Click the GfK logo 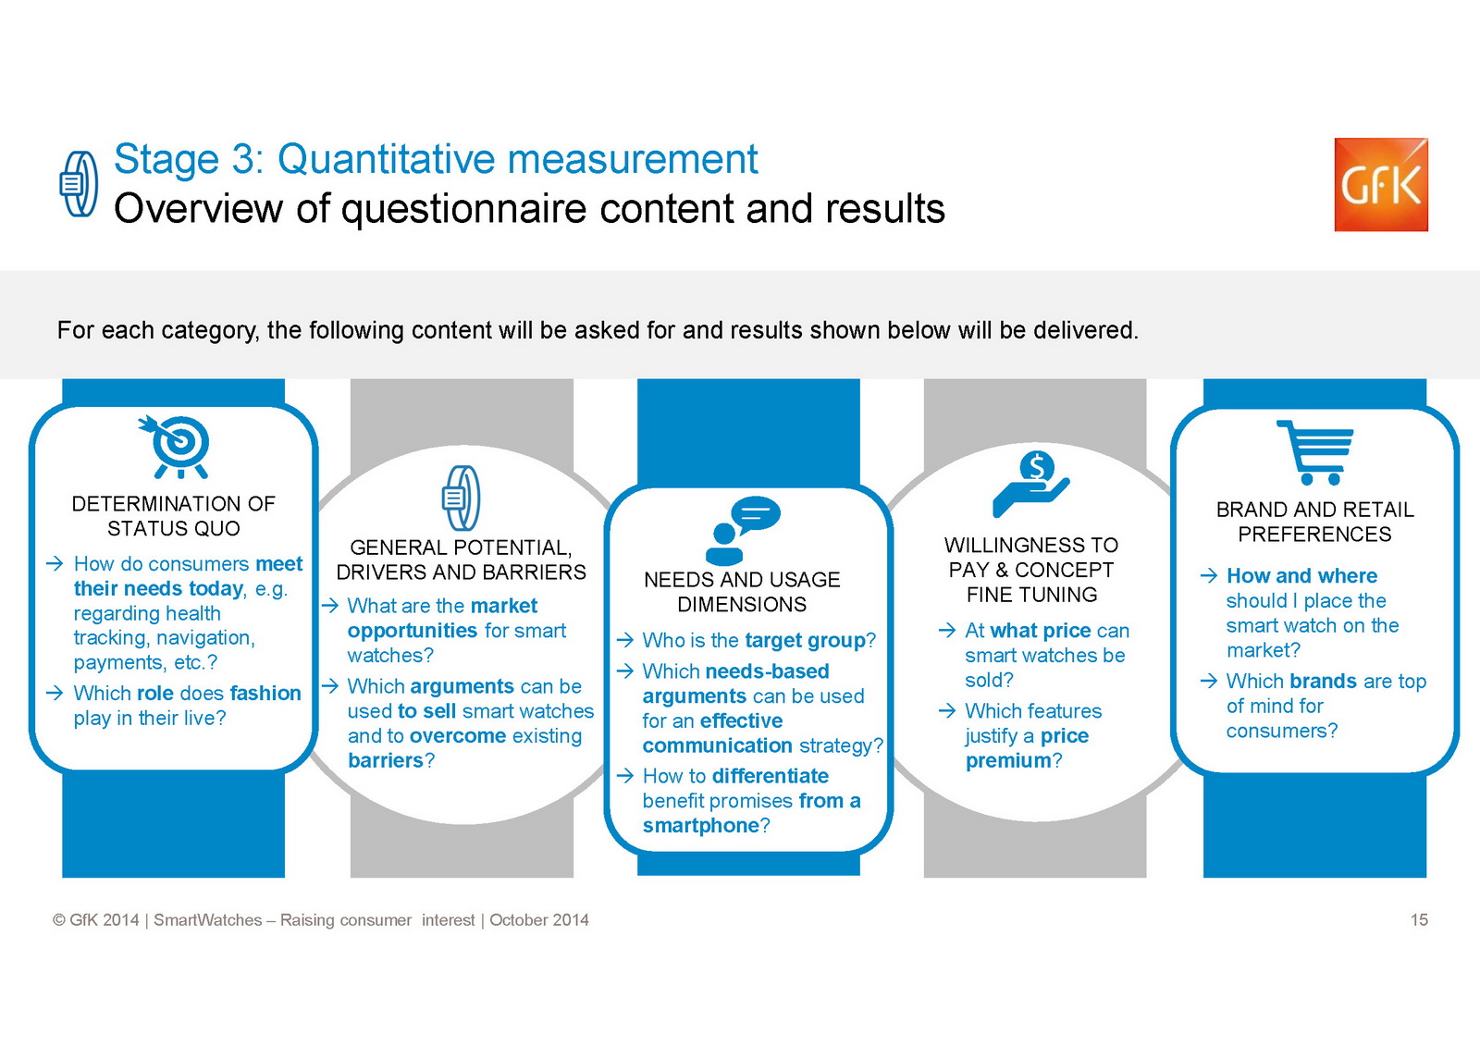(1381, 184)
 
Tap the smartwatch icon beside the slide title (79, 184)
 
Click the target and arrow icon (174, 447)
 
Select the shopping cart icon (1314, 452)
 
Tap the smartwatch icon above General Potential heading (462, 498)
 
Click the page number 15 (1419, 920)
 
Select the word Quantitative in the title (385, 159)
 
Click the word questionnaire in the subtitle (463, 210)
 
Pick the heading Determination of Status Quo (173, 516)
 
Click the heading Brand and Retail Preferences (1314, 522)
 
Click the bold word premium (1008, 760)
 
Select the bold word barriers (385, 760)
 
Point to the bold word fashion (265, 693)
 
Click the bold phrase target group (805, 640)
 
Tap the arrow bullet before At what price (947, 631)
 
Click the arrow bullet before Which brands (1208, 681)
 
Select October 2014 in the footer (539, 920)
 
